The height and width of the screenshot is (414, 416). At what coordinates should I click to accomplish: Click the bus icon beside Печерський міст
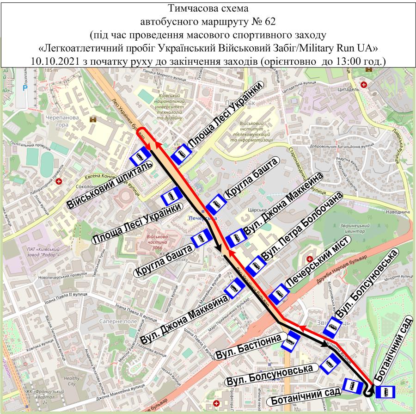click(x=279, y=295)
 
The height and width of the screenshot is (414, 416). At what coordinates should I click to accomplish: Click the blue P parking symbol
click(x=26, y=87)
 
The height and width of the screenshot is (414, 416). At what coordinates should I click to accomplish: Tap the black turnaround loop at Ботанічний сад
click(x=368, y=392)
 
